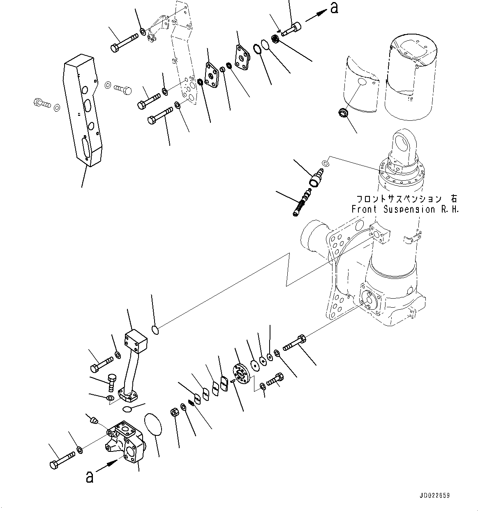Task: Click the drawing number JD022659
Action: (434, 495)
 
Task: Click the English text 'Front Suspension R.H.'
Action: (405, 209)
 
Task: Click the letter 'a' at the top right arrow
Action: (334, 8)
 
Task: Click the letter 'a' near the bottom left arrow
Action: (89, 476)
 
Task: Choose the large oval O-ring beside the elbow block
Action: (152, 424)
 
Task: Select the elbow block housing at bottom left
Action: (125, 442)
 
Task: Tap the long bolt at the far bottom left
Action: (62, 460)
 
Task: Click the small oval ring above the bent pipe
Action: (156, 330)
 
